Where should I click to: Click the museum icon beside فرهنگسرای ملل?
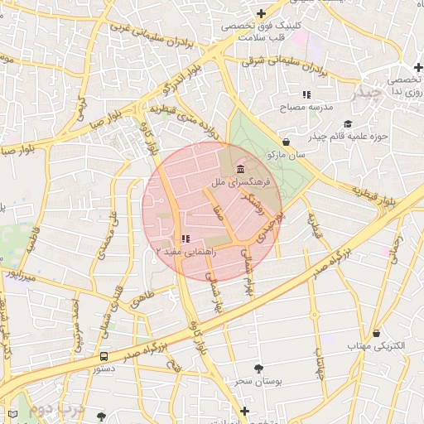[240, 169]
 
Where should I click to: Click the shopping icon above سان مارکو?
[287, 142]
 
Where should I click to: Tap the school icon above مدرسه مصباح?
[306, 94]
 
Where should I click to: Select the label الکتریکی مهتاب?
[377, 345]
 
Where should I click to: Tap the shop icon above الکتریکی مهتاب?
[377, 333]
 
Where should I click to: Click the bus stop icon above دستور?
[104, 356]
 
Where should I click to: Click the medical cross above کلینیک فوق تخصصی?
[262, 13]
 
